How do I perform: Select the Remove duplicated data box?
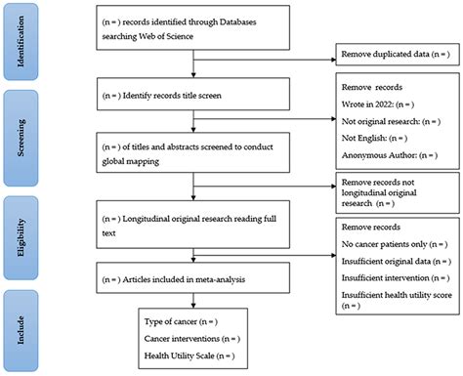tap(395, 57)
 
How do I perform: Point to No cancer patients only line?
tap(394, 243)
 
